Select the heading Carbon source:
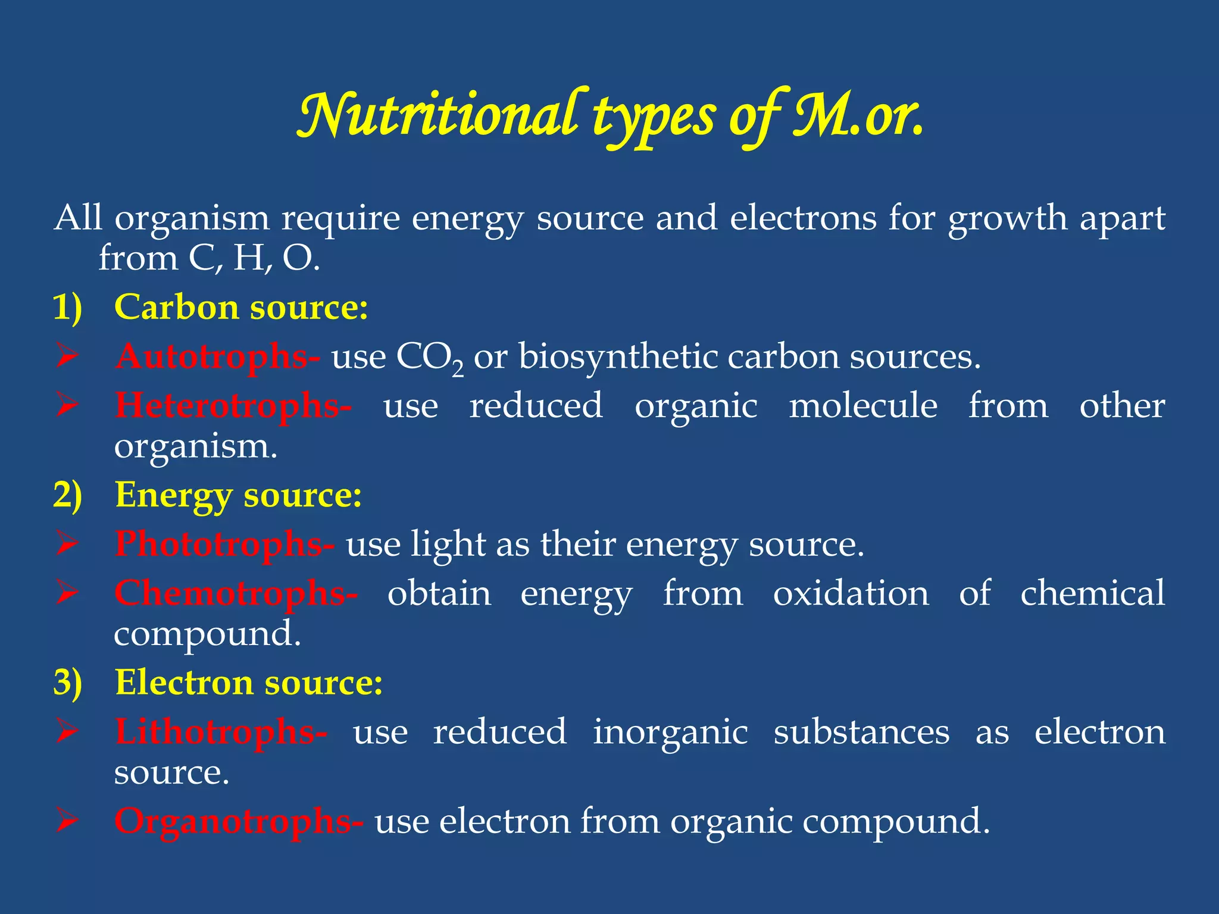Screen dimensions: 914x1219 (x=241, y=307)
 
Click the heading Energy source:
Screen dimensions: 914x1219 (x=238, y=495)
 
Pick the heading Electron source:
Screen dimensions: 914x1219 (x=249, y=683)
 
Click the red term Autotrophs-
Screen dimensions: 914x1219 (x=217, y=356)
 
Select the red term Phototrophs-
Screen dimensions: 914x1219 (x=224, y=544)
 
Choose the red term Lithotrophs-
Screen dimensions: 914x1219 (x=221, y=731)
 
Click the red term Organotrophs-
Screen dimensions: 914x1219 (x=239, y=821)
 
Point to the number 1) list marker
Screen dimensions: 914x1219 (x=67, y=308)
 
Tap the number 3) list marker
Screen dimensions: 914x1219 (x=67, y=683)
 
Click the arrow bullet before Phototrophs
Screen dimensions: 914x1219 (x=67, y=544)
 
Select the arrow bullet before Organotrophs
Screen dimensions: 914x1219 (x=67, y=821)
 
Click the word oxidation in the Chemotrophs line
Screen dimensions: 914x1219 (x=851, y=593)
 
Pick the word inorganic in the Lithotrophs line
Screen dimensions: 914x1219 (x=670, y=732)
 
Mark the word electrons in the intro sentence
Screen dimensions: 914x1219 (x=803, y=218)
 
